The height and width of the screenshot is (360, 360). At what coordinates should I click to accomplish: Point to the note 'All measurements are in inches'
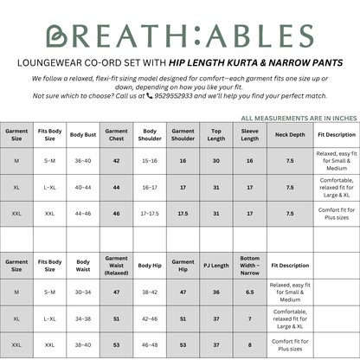click(x=297, y=118)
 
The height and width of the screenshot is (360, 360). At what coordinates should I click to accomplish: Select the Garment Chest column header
click(x=116, y=135)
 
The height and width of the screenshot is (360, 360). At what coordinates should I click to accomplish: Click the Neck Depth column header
click(x=289, y=135)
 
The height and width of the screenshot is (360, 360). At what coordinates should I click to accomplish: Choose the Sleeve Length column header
click(x=249, y=135)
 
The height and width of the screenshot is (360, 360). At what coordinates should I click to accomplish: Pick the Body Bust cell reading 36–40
click(x=83, y=160)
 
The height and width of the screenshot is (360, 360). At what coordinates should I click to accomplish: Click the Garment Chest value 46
click(x=116, y=212)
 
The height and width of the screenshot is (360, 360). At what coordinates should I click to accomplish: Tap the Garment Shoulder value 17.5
click(x=183, y=212)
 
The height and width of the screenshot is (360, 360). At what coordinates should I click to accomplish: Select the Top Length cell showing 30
click(x=216, y=160)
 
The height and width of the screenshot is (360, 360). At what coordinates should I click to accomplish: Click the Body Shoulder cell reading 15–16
click(x=150, y=160)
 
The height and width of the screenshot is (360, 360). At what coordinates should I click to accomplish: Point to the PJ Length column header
click(x=216, y=265)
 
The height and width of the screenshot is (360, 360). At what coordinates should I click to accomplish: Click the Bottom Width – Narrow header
click(x=249, y=265)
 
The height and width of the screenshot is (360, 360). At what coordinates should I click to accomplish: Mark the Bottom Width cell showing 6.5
click(x=249, y=292)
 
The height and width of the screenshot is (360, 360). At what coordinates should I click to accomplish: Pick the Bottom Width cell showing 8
click(x=249, y=344)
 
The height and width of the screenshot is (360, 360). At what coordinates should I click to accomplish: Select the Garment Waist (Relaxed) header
click(x=116, y=265)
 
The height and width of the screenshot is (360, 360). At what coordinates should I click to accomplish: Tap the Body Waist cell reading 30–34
click(x=83, y=292)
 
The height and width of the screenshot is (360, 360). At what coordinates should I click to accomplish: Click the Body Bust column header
click(x=83, y=135)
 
